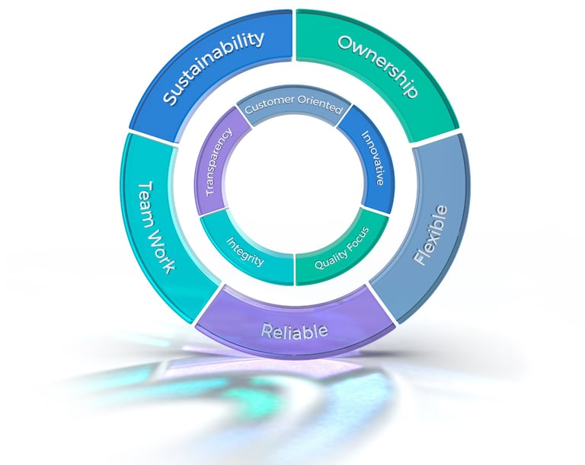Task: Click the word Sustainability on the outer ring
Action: coord(215,68)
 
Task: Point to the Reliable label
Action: coord(294,331)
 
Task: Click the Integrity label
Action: coord(245,252)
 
